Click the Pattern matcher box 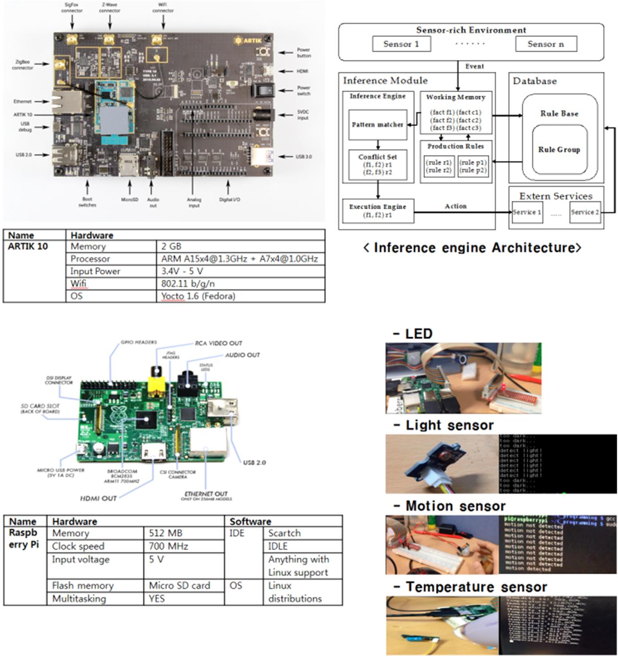[x=378, y=125]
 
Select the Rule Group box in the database [x=559, y=150]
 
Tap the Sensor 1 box [x=401, y=44]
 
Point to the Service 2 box [x=585, y=212]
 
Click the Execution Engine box [x=378, y=211]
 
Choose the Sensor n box [x=545, y=44]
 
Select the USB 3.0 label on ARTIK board [x=303, y=157]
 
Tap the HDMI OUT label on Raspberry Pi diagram [x=98, y=498]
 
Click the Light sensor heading [x=449, y=425]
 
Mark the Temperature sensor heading [x=476, y=587]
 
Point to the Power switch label [x=304, y=90]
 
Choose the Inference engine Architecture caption [x=472, y=248]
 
